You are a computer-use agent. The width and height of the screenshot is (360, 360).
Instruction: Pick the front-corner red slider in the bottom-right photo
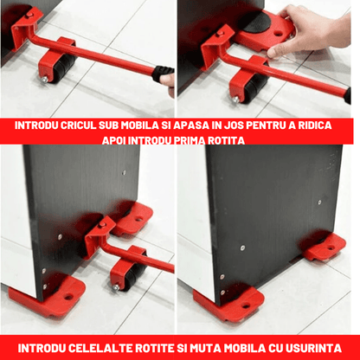(230, 299)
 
